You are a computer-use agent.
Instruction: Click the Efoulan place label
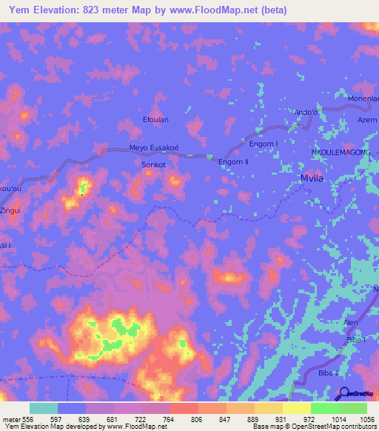pyautogui.click(x=155, y=119)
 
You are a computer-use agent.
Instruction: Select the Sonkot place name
pyautogui.click(x=153, y=165)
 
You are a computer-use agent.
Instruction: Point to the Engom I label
pyautogui.click(x=264, y=144)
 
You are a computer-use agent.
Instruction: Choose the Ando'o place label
pyautogui.click(x=306, y=112)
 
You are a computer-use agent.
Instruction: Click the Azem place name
pyautogui.click(x=367, y=119)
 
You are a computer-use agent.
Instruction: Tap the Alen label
pyautogui.click(x=351, y=323)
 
